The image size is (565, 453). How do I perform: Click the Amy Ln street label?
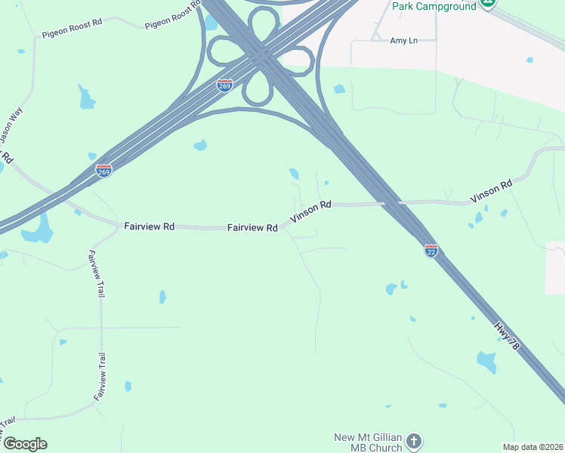pos(404,40)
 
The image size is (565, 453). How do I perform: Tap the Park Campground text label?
pos(434,6)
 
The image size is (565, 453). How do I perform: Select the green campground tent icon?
pos(488,4)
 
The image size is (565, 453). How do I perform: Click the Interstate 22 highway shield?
pos(431,249)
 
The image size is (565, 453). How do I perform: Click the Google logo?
pos(25,444)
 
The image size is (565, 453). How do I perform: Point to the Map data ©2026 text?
pos(533,446)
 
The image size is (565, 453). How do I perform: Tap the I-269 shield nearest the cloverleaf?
pos(224,85)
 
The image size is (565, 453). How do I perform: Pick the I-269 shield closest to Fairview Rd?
pos(104,171)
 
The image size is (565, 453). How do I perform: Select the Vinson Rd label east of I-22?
pos(492,192)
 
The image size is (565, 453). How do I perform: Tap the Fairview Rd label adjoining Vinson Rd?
pos(252,226)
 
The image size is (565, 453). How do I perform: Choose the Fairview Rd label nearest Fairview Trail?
pos(149,226)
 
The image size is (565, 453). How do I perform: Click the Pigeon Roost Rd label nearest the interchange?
pos(174,16)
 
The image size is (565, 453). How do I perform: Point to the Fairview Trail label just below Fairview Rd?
pos(96,273)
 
